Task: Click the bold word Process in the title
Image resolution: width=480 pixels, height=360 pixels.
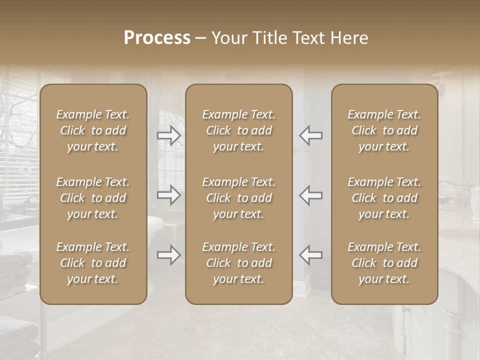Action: [157, 38]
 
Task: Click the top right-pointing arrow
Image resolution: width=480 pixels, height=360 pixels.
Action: [169, 135]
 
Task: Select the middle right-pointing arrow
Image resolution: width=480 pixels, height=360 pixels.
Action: [169, 195]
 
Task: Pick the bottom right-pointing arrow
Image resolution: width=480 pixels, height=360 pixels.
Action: [169, 255]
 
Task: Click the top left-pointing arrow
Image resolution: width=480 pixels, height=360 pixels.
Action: [310, 135]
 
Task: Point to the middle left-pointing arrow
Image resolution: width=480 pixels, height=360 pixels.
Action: [310, 195]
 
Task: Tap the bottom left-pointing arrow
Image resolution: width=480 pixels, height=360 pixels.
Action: [310, 255]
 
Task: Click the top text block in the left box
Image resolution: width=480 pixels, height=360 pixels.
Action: [93, 130]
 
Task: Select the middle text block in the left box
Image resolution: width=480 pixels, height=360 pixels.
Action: [93, 198]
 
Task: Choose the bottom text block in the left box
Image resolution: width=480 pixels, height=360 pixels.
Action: [93, 263]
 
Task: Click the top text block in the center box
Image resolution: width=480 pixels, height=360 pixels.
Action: [239, 130]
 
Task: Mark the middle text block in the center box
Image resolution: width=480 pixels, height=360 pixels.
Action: [239, 198]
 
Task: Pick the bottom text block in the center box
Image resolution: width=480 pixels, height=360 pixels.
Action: [239, 263]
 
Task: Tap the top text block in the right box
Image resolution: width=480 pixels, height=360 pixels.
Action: [384, 130]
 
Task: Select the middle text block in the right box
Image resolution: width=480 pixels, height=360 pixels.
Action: [384, 198]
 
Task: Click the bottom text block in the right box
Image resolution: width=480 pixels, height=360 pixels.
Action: [384, 263]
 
